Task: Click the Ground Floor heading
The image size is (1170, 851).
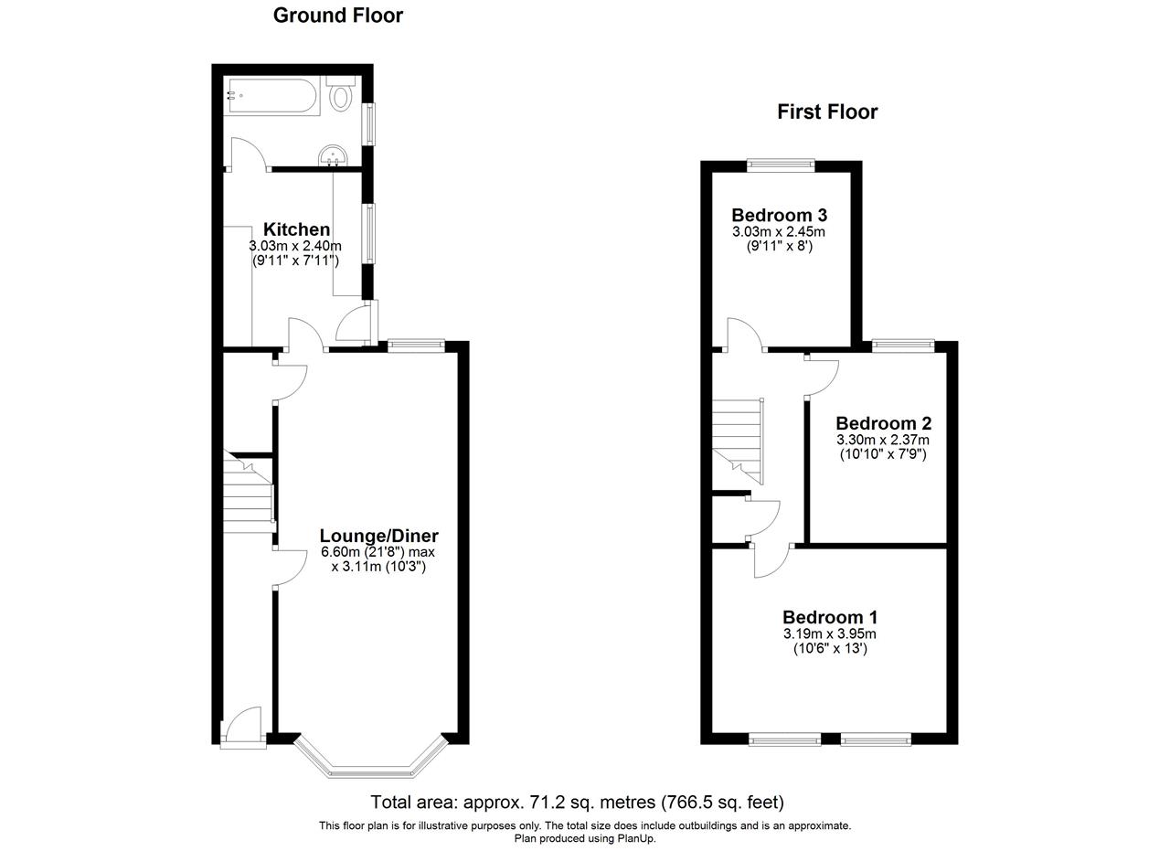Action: (337, 16)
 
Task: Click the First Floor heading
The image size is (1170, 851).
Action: (826, 112)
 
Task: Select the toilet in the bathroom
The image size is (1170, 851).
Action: (342, 94)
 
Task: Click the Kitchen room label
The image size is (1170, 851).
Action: (296, 229)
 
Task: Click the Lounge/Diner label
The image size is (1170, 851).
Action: (378, 537)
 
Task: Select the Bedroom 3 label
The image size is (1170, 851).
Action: (779, 216)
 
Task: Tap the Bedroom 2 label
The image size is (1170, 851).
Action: (883, 423)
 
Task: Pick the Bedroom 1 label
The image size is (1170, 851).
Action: (829, 617)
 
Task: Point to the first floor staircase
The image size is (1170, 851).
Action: (738, 439)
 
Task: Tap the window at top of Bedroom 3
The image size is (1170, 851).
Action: (780, 165)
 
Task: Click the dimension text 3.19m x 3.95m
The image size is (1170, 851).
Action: (829, 633)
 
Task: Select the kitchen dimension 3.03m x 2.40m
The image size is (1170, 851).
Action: (294, 246)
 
